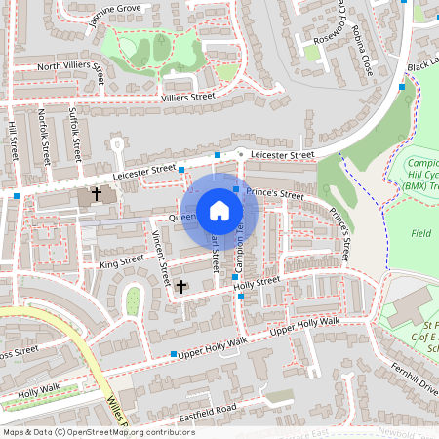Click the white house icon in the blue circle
(219, 210)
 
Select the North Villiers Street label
(71, 67)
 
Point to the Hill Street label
(13, 140)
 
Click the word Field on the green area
(421, 234)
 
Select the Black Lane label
(421, 62)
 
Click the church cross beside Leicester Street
(96, 194)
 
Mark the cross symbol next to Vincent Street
(181, 286)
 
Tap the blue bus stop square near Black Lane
(402, 87)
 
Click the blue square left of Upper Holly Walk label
(174, 354)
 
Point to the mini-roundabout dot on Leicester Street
(241, 153)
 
